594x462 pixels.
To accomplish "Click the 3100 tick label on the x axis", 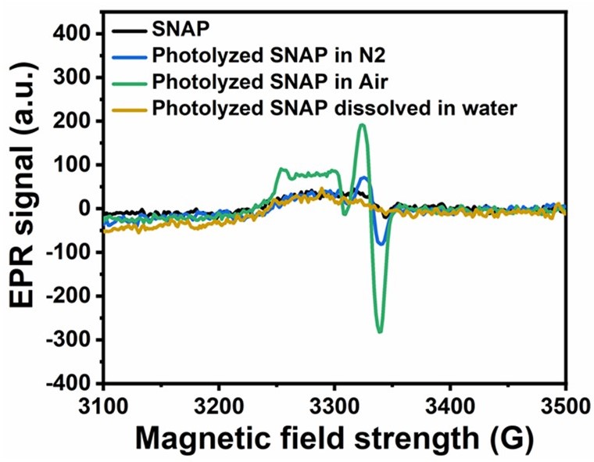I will tap(103, 408).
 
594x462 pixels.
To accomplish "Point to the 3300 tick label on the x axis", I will tap(335, 408).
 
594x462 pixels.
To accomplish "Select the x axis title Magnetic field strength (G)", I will tap(335, 440).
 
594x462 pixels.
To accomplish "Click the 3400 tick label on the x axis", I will tap(450, 408).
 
